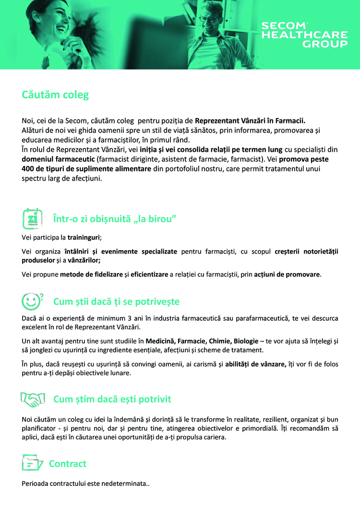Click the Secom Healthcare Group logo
click(x=304, y=35)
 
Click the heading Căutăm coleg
click(x=55, y=95)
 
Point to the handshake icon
click(x=32, y=399)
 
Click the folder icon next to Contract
click(x=32, y=463)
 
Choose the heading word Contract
click(x=68, y=463)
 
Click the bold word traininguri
click(x=84, y=237)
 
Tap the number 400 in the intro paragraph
click(x=29, y=169)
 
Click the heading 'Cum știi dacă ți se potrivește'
click(x=116, y=302)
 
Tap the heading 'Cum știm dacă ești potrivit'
click(x=112, y=399)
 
